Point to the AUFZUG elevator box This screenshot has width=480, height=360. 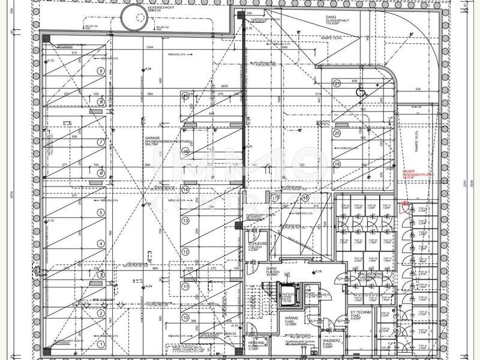[x=289, y=295]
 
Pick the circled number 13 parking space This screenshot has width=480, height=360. [x=185, y=220]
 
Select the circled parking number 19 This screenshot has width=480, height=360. [x=337, y=164]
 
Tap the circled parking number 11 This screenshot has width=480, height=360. [x=185, y=287]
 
